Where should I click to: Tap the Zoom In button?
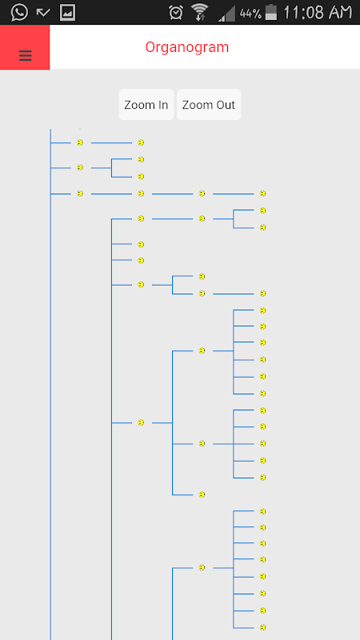click(146, 105)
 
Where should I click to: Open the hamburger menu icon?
click(26, 55)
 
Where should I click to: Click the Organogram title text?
click(187, 47)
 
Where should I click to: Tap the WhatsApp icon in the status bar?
click(19, 12)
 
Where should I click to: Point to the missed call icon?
click(43, 13)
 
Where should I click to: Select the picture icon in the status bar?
click(67, 13)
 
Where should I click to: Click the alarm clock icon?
click(176, 13)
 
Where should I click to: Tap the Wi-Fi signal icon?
click(199, 12)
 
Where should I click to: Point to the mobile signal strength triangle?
click(226, 13)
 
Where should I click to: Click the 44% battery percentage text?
click(250, 14)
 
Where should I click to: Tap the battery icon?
click(271, 12)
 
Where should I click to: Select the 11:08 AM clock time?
click(317, 12)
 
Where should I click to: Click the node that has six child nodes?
click(202, 350)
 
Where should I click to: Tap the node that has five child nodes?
click(202, 444)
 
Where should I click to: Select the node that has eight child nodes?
click(202, 567)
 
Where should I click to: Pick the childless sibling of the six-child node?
click(202, 494)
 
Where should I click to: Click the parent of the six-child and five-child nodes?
click(141, 422)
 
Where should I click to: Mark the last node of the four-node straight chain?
click(263, 194)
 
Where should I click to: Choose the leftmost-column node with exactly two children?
click(80, 167)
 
